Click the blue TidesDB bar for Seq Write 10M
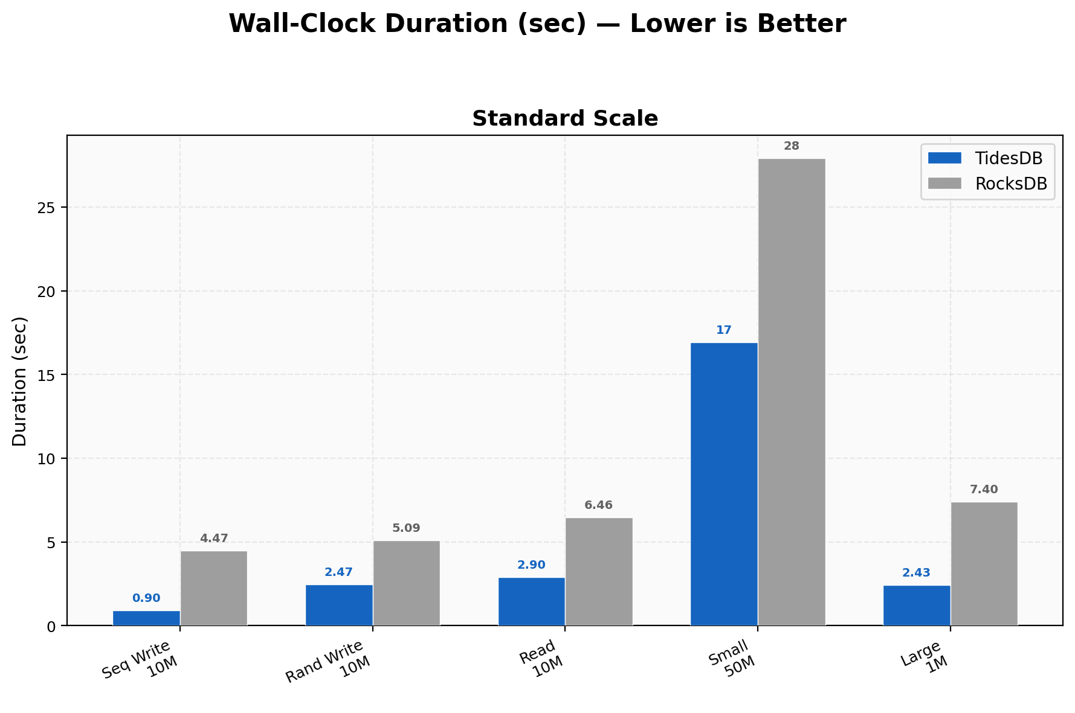pyautogui.click(x=146, y=618)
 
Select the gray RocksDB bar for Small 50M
pyautogui.click(x=792, y=392)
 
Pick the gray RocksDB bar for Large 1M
pyautogui.click(x=984, y=564)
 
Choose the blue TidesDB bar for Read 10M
pyautogui.click(x=531, y=601)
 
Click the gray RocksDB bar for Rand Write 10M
pyautogui.click(x=406, y=583)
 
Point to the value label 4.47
pyautogui.click(x=214, y=539)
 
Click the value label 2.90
pyautogui.click(x=531, y=565)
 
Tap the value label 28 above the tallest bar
pyautogui.click(x=792, y=146)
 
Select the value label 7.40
pyautogui.click(x=984, y=490)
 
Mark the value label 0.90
pyautogui.click(x=146, y=598)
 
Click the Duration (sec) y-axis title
pyautogui.click(x=20, y=381)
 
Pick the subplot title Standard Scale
pyautogui.click(x=564, y=119)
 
